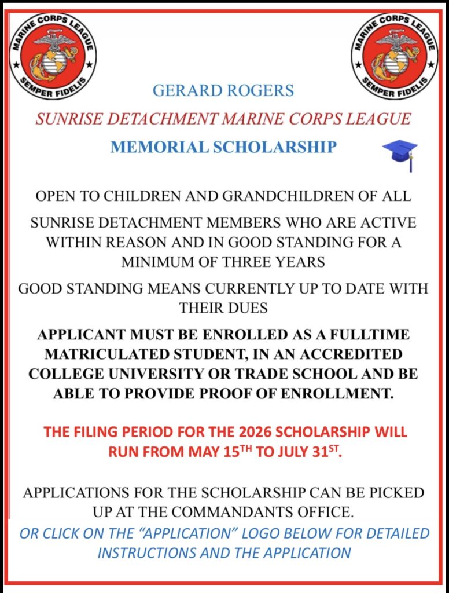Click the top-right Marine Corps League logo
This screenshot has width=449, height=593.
coord(394,56)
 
